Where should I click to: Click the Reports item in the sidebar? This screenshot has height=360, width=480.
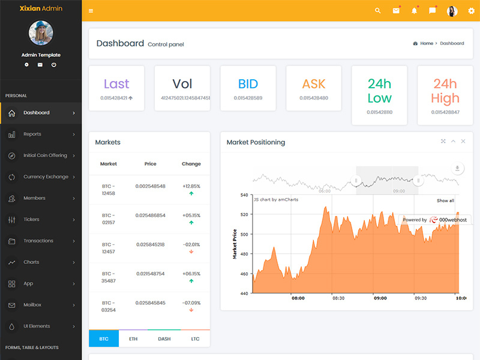(32, 134)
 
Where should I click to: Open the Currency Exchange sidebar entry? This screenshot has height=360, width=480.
(46, 177)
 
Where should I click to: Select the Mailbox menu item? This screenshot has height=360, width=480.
(32, 305)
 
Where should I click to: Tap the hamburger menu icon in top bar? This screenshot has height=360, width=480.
(91, 11)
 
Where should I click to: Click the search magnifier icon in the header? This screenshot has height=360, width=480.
(377, 11)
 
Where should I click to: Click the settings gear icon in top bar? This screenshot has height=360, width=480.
(471, 11)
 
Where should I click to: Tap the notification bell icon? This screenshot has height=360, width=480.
(414, 11)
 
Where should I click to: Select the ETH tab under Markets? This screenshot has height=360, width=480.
(133, 339)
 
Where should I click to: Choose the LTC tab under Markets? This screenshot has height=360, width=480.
(195, 339)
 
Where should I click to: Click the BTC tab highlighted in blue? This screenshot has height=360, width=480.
(104, 339)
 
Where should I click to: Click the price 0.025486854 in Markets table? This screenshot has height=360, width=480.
(151, 215)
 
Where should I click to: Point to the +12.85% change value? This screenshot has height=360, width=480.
(191, 187)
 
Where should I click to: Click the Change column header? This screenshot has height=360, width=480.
(191, 164)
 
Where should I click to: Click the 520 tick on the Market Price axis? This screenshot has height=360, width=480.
(244, 214)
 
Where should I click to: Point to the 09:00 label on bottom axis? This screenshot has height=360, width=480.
(380, 298)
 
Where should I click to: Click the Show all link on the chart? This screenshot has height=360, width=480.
(445, 200)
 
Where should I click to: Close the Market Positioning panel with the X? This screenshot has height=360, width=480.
(463, 142)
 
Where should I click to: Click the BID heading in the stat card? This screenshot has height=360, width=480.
(248, 84)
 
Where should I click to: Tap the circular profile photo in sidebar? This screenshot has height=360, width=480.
(41, 33)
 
